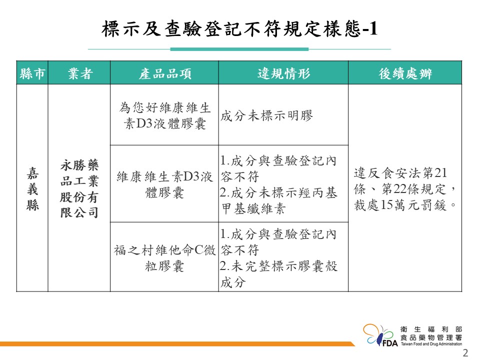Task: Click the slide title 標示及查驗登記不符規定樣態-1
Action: click(x=239, y=29)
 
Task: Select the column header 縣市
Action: click(x=32, y=73)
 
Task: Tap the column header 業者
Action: click(x=80, y=73)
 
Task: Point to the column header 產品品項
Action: click(x=164, y=73)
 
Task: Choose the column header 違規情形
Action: click(x=284, y=73)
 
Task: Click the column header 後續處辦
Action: click(x=405, y=73)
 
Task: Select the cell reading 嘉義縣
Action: click(x=32, y=189)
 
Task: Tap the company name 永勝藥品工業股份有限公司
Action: click(x=79, y=189)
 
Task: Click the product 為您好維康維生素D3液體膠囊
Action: click(x=164, y=115)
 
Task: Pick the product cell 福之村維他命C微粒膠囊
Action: click(x=164, y=258)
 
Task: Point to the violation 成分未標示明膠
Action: click(x=266, y=115)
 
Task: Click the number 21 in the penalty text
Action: click(x=441, y=173)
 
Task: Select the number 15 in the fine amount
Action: click(x=386, y=205)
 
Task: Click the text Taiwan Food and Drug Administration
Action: click(x=431, y=344)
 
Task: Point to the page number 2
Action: click(x=465, y=353)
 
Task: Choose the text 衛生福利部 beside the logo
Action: click(x=431, y=329)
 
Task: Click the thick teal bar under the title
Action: click(x=239, y=49)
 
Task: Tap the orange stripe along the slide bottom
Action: click(x=177, y=344)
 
